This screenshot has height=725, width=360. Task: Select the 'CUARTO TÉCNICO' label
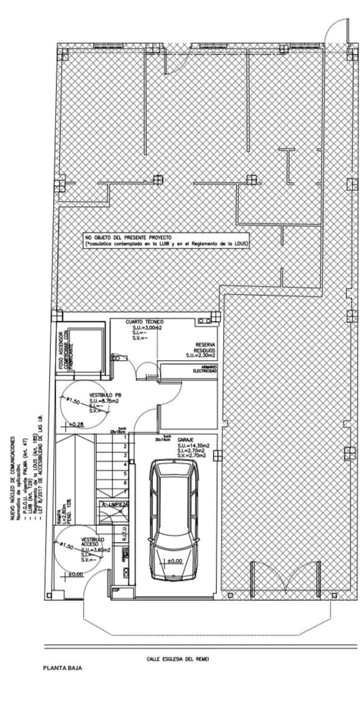coord(144,322)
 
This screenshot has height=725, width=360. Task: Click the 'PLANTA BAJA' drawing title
coord(62,668)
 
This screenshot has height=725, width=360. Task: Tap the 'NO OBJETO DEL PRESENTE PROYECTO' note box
coord(167,240)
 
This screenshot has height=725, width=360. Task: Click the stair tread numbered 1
coord(124,437)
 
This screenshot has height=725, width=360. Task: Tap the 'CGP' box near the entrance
coord(116,590)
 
